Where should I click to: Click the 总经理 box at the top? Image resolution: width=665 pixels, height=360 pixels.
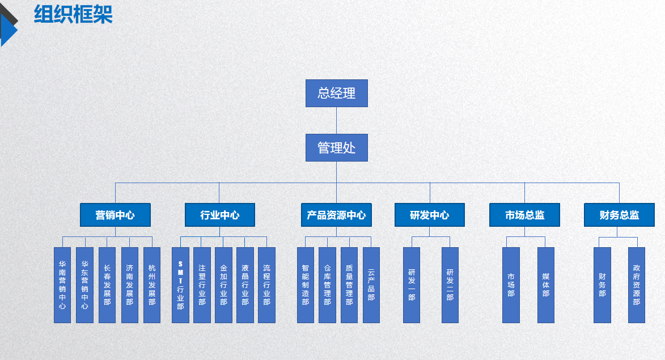[336, 93]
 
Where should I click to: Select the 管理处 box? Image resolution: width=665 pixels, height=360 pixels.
[336, 147]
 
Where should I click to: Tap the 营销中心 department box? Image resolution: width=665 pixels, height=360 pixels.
[115, 215]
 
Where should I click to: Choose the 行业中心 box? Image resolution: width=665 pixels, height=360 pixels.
[219, 215]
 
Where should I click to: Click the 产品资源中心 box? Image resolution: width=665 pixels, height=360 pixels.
[336, 215]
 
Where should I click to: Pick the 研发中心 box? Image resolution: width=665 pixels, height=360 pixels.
[429, 215]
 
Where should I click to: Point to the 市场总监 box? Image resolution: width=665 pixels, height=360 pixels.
[524, 215]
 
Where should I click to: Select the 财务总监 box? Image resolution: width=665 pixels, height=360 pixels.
[619, 215]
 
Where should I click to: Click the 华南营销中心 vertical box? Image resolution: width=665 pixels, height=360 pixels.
[62, 285]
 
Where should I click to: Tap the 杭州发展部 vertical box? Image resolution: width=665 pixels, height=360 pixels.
[152, 285]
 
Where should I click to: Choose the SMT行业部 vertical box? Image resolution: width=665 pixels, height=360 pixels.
[180, 285]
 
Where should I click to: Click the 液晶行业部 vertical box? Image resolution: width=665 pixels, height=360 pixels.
[245, 285]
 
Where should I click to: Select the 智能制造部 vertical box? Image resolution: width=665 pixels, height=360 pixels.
[306, 285]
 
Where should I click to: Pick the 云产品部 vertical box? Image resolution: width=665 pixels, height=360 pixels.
[371, 285]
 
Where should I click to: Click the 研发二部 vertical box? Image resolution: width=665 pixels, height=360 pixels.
[450, 285]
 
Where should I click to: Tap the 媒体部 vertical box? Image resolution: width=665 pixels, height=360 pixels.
[546, 285]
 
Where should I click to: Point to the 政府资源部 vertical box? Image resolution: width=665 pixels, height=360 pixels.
[637, 285]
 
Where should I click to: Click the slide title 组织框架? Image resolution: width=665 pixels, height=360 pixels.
[73, 15]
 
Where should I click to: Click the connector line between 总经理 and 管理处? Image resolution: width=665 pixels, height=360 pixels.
[336, 120]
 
